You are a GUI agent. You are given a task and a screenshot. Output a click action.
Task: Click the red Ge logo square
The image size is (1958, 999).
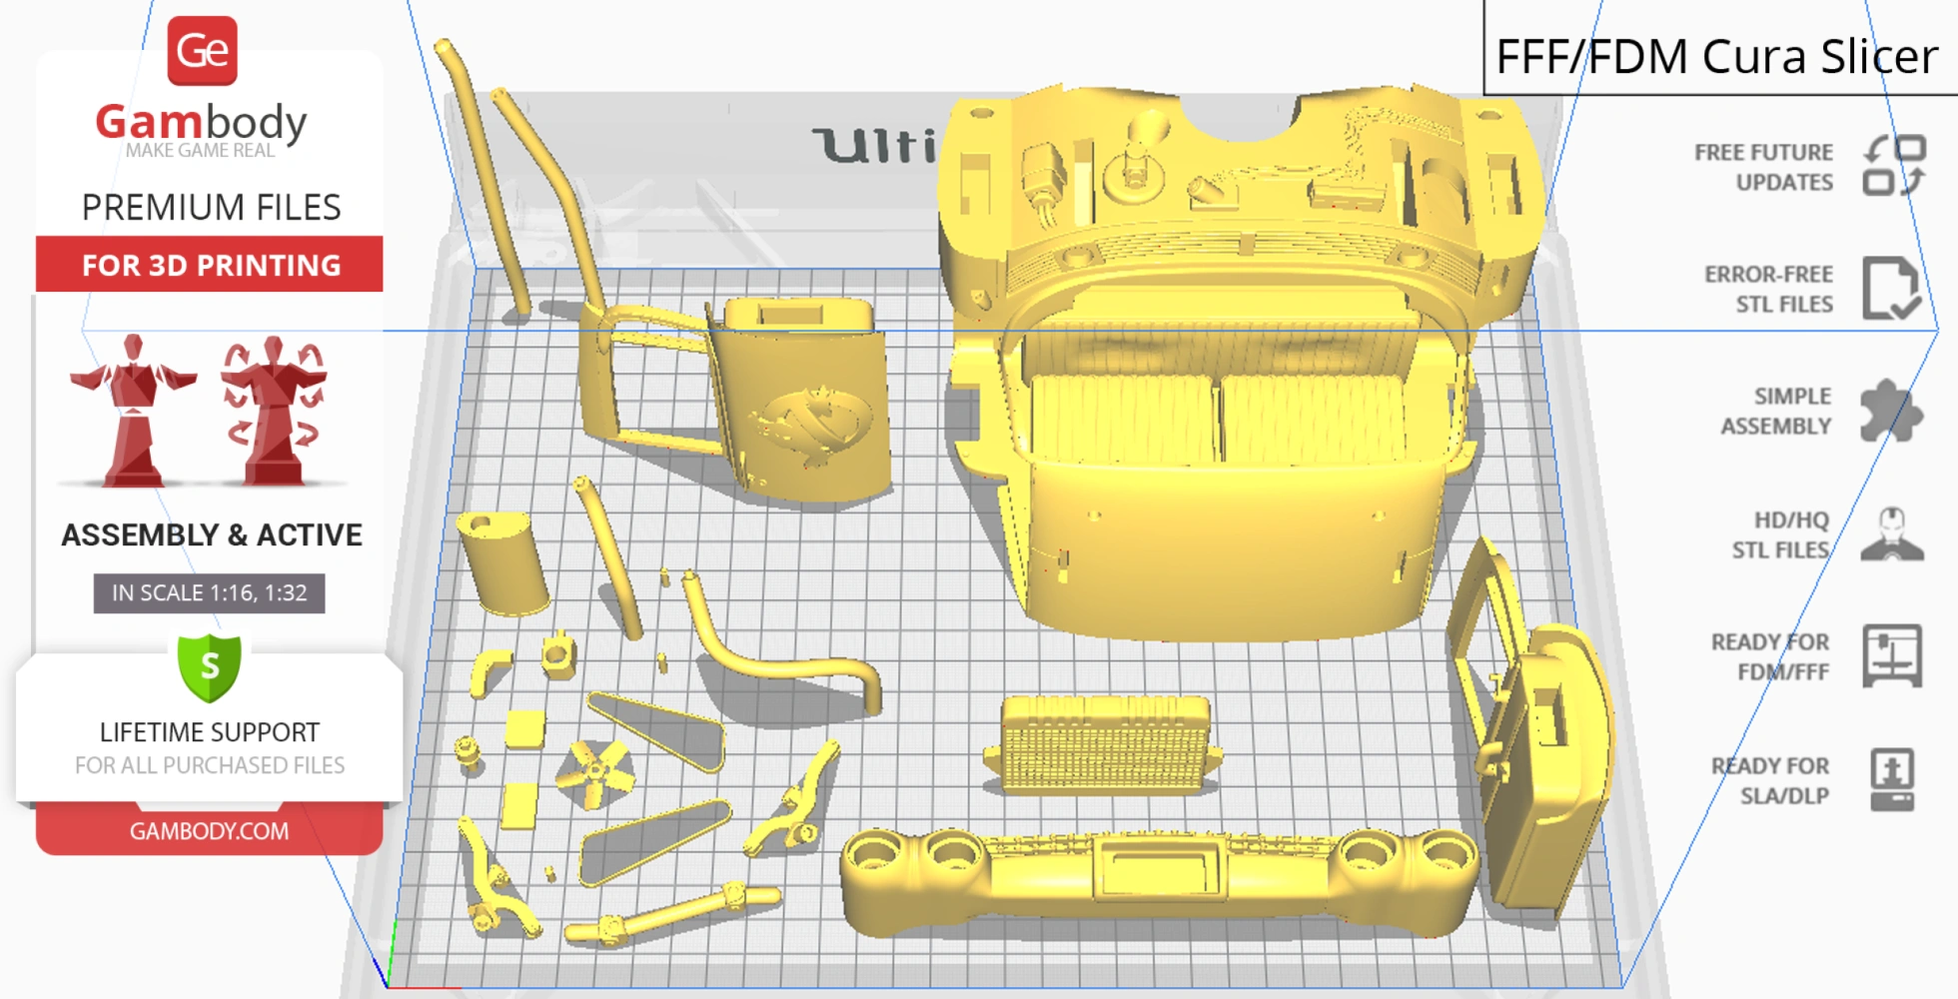click(x=203, y=51)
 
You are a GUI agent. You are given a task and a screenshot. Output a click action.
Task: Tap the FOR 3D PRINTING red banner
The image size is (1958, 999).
click(x=210, y=265)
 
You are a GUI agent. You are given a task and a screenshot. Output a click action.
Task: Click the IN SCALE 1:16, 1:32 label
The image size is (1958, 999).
click(x=209, y=592)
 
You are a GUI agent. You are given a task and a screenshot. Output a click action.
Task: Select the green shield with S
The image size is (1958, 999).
click(x=210, y=666)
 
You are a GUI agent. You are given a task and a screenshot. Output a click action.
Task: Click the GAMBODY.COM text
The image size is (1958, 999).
click(x=209, y=831)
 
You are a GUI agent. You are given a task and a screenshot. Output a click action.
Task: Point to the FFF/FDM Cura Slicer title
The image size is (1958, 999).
click(x=1716, y=56)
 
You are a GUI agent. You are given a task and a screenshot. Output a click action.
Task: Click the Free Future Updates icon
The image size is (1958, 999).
click(x=1893, y=166)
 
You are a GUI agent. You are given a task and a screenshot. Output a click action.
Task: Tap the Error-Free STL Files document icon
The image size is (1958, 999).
click(x=1890, y=289)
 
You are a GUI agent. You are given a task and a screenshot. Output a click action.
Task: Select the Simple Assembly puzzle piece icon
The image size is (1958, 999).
click(x=1890, y=411)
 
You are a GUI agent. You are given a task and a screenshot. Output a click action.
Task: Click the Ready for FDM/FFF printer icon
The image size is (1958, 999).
click(x=1892, y=656)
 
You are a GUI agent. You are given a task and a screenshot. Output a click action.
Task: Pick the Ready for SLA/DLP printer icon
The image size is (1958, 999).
click(x=1892, y=779)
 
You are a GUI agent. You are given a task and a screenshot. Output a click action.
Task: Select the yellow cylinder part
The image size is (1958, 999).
click(x=502, y=562)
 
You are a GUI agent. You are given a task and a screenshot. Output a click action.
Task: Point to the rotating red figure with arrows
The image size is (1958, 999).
click(x=273, y=410)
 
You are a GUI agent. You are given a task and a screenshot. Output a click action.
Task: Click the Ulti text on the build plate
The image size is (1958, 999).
click(x=874, y=146)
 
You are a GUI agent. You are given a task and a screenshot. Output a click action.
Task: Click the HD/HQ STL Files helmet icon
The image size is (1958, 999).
click(x=1892, y=534)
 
